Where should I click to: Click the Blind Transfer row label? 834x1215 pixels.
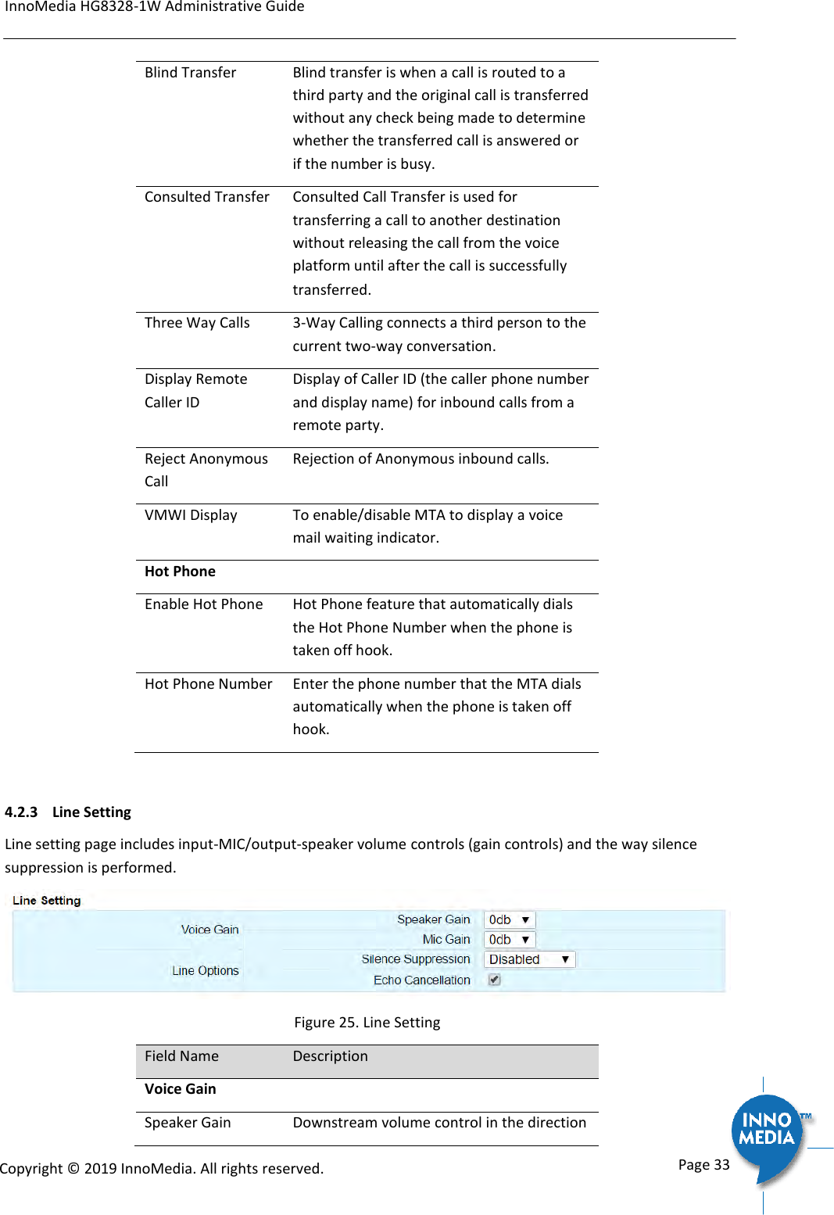pyautogui.click(x=190, y=73)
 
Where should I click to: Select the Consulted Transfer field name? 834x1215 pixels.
pyautogui.click(x=206, y=197)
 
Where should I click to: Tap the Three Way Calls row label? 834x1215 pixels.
pyautogui.click(x=197, y=323)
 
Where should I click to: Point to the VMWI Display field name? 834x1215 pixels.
pyautogui.click(x=191, y=515)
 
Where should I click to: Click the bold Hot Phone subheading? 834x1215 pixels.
pyautogui.click(x=180, y=572)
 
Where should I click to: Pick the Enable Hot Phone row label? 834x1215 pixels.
pyautogui.click(x=203, y=604)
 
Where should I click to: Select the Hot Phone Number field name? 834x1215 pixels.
pyautogui.click(x=208, y=684)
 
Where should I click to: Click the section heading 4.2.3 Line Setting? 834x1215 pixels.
pyautogui.click(x=68, y=812)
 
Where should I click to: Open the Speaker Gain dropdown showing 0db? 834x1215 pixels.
pyautogui.click(x=510, y=920)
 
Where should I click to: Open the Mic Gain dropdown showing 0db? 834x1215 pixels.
pyautogui.click(x=510, y=940)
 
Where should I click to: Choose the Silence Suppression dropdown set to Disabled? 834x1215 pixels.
pyautogui.click(x=529, y=959)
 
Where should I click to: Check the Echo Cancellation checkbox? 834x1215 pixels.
pyautogui.click(x=494, y=980)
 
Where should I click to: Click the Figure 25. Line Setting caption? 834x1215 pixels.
pyautogui.click(x=367, y=1023)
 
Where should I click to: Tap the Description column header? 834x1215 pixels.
pyautogui.click(x=330, y=1056)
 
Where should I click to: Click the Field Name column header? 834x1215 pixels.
pyautogui.click(x=181, y=1056)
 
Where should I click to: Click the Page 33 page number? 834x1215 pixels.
pyautogui.click(x=703, y=1165)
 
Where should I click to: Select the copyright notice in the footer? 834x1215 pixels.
pyautogui.click(x=162, y=1169)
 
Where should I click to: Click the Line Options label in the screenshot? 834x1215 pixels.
pyautogui.click(x=205, y=971)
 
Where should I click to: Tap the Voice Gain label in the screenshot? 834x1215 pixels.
pyautogui.click(x=209, y=930)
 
